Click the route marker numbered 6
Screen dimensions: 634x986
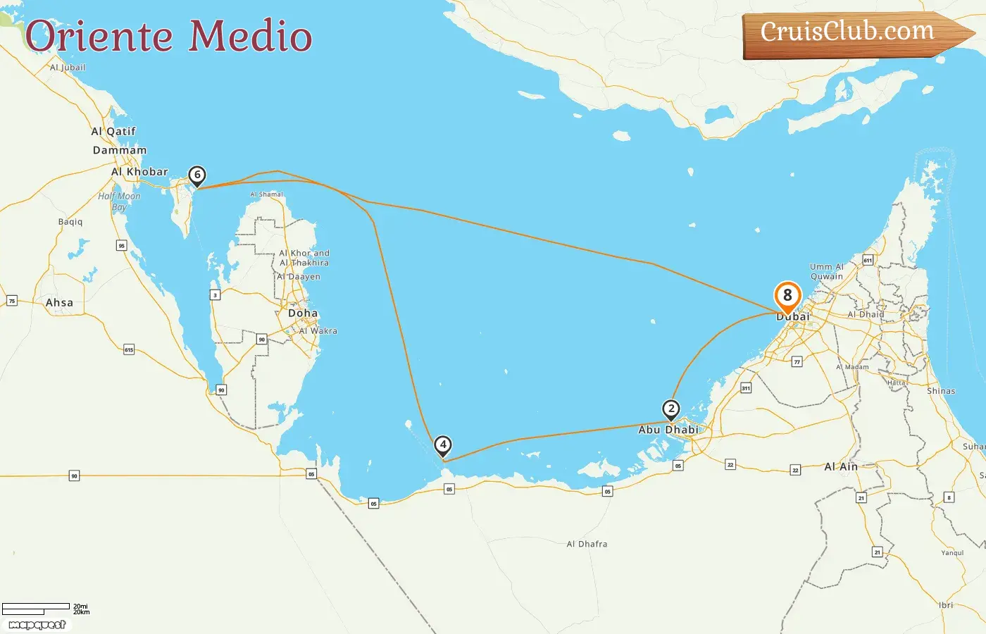(197, 175)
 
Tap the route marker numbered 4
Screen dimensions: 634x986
(442, 445)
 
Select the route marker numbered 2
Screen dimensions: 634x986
(671, 409)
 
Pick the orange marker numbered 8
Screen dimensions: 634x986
(787, 297)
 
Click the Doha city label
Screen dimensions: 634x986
(303, 313)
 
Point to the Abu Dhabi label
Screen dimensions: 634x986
(668, 430)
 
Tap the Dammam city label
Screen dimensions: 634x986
(120, 150)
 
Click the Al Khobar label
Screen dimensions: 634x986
(139, 171)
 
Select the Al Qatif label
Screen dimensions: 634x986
(113, 131)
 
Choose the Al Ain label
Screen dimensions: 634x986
(841, 466)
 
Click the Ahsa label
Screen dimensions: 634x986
(59, 303)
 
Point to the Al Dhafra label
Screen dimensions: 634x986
(587, 544)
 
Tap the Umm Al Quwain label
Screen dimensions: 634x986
(827, 271)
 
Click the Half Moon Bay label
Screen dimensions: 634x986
(119, 201)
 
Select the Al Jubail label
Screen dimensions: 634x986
(68, 68)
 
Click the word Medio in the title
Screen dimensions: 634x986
(251, 37)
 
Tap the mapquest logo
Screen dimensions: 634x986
(37, 625)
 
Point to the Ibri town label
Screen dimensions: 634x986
(946, 605)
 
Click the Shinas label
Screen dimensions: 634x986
(941, 391)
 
